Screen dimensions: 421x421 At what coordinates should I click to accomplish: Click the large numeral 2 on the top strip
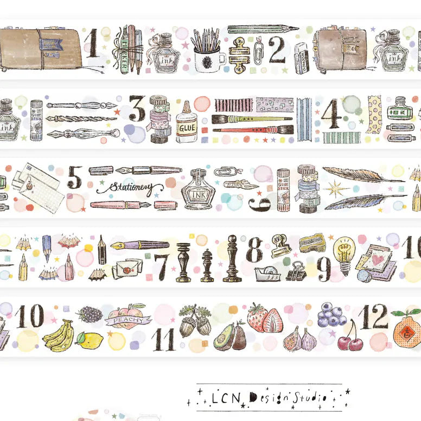click(277, 50)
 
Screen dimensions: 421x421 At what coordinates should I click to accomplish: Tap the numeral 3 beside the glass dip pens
click(137, 109)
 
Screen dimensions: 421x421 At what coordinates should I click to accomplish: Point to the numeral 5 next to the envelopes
click(75, 177)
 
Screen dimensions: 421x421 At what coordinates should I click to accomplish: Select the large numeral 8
click(254, 250)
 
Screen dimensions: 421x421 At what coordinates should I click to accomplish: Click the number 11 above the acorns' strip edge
click(163, 340)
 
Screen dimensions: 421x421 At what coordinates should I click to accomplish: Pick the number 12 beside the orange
click(373, 316)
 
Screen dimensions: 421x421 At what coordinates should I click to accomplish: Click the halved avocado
click(225, 339)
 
